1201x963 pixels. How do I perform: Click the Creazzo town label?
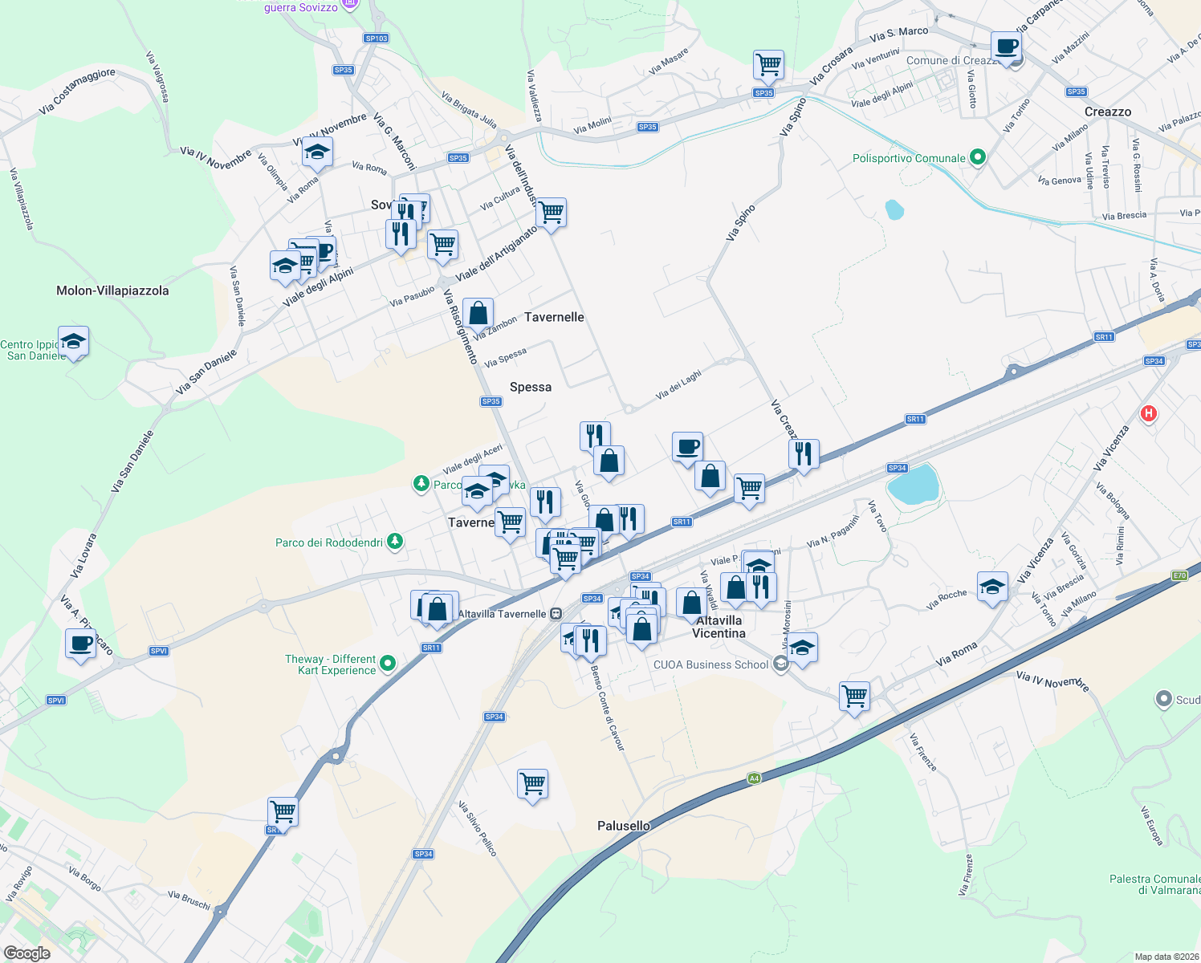[1107, 112]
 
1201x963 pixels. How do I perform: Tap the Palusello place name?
[624, 826]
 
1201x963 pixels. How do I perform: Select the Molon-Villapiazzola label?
[112, 291]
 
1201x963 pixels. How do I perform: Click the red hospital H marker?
[1149, 413]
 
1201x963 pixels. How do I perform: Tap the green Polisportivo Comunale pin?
[977, 157]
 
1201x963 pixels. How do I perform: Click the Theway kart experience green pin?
[388, 663]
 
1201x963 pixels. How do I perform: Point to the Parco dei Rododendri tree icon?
[394, 542]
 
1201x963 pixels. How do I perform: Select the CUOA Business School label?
[710, 664]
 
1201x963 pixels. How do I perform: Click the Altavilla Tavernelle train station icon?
[556, 614]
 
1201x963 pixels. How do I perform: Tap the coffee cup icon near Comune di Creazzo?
[1006, 47]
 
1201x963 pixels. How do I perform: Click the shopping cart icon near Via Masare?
[768, 64]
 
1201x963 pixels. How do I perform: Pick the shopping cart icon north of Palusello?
[532, 782]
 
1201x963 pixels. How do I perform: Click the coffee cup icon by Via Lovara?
[80, 644]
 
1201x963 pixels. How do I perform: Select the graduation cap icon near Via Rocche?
[992, 587]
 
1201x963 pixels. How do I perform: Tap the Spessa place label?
[531, 387]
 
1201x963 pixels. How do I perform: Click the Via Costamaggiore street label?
[77, 90]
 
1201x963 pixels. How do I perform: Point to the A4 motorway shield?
[754, 778]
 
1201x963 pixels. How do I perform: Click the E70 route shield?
[1179, 575]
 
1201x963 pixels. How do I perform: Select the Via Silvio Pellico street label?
[478, 828]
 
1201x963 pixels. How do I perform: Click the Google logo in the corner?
[26, 953]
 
